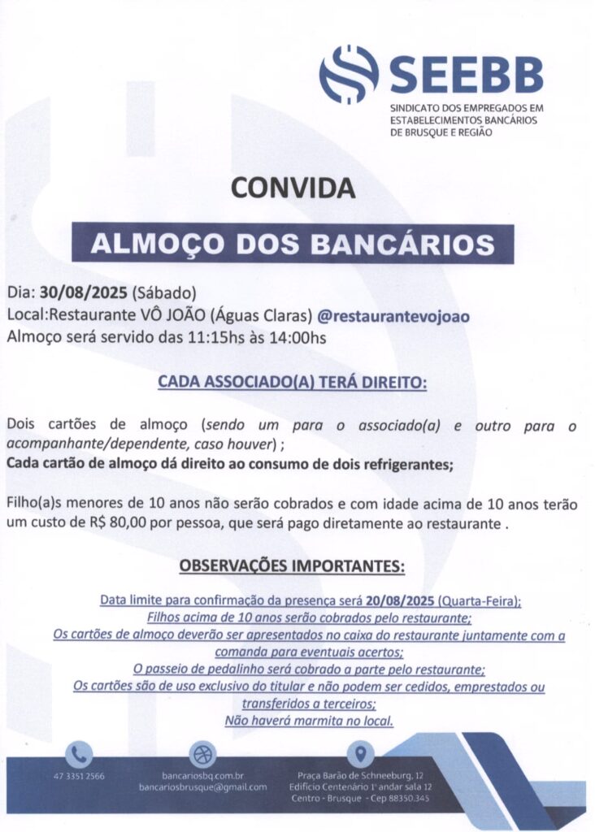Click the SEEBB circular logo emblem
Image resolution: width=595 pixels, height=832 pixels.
click(x=349, y=74)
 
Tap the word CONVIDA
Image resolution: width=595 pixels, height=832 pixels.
click(x=293, y=188)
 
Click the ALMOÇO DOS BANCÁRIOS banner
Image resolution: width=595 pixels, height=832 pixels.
click(x=293, y=243)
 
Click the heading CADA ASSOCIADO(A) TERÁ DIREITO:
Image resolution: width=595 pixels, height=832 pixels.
click(x=292, y=381)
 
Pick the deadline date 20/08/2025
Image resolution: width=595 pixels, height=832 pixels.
click(x=400, y=602)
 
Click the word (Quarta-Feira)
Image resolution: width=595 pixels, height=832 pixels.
click(x=479, y=602)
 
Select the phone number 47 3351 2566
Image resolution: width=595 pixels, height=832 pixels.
click(x=79, y=776)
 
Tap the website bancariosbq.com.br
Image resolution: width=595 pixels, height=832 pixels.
click(x=202, y=776)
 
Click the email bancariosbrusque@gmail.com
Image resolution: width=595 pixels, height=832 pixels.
click(x=202, y=787)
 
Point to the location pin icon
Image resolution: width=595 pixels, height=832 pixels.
click(x=360, y=754)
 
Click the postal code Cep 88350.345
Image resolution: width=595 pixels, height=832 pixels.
click(x=400, y=799)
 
